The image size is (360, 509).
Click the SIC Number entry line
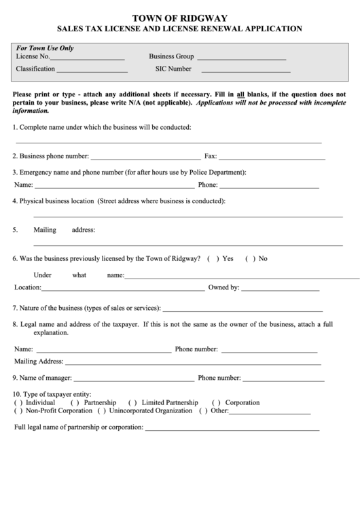tap(246, 71)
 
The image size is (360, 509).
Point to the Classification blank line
tap(92, 71)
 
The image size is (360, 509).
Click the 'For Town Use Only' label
tap(46, 48)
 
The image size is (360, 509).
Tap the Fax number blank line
tap(272, 158)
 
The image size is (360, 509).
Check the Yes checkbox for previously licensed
tap(212, 259)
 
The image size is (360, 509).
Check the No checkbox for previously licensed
tap(249, 259)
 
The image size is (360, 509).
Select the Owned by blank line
tap(281, 290)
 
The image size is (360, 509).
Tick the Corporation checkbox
tap(216, 403)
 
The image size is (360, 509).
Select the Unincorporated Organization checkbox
tap(102, 411)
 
